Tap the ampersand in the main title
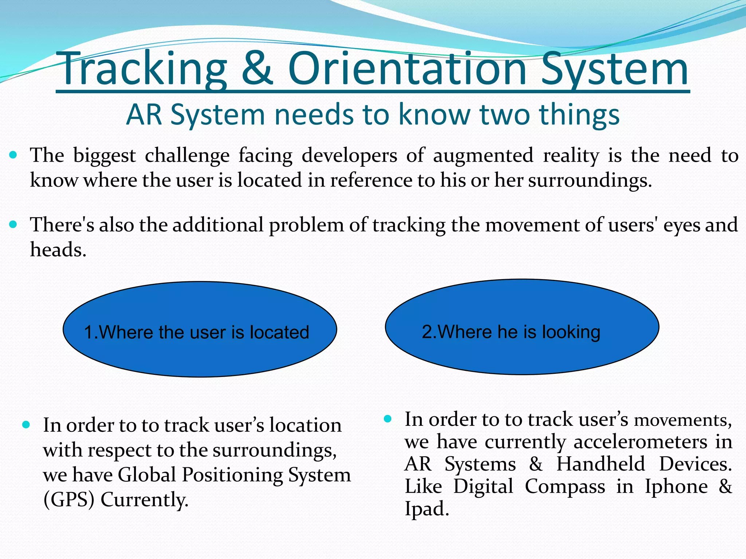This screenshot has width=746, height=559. click(x=257, y=69)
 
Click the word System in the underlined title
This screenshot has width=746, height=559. click(x=614, y=69)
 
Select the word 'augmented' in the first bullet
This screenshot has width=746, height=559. click(x=483, y=156)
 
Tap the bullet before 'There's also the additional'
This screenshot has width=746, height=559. click(x=13, y=225)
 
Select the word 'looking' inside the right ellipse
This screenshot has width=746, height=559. click(x=571, y=332)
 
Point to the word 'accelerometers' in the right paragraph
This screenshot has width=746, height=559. click(x=640, y=442)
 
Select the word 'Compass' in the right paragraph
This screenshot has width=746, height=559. click(x=565, y=487)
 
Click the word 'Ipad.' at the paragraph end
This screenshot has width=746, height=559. click(x=427, y=509)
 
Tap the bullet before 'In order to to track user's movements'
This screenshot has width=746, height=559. click(x=388, y=419)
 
